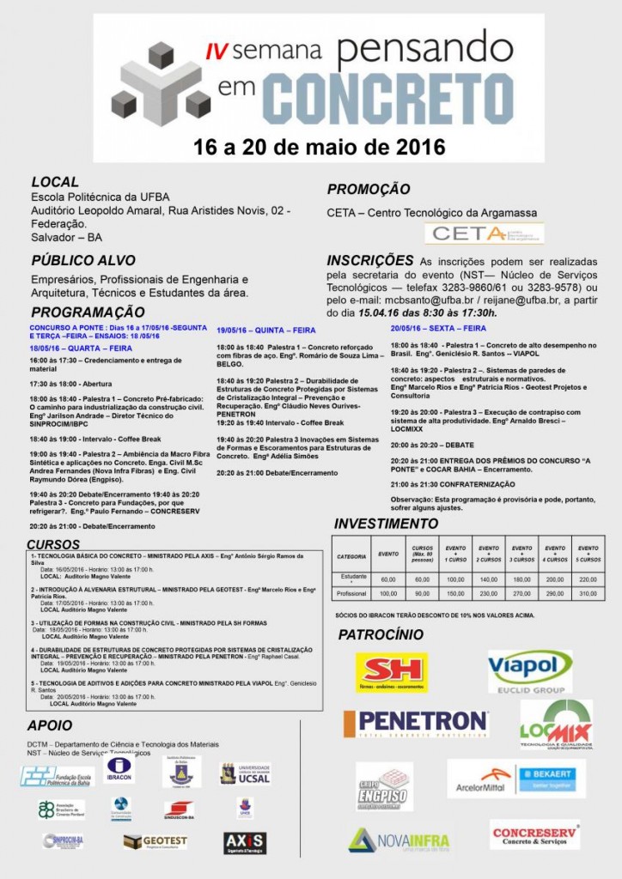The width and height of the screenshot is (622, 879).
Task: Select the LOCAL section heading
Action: click(55, 182)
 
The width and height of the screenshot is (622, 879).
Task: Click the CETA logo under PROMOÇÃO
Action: click(484, 233)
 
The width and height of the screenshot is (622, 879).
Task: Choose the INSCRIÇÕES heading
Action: click(369, 260)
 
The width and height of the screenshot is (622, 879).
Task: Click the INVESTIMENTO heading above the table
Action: click(386, 524)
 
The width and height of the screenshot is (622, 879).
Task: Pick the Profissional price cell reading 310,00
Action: click(588, 593)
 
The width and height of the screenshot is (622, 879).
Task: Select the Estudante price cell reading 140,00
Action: click(488, 579)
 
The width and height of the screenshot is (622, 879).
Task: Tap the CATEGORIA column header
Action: click(351, 557)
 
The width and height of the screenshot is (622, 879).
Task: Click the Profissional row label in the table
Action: click(351, 593)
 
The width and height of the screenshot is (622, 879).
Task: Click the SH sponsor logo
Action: click(391, 672)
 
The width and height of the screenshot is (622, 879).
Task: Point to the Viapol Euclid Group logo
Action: click(530, 670)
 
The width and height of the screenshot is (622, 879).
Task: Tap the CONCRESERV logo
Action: click(534, 834)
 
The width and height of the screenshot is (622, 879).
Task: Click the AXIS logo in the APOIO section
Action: click(245, 842)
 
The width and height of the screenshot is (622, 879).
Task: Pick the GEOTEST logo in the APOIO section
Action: click(155, 841)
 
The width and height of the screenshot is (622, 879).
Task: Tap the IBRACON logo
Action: click(119, 768)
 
